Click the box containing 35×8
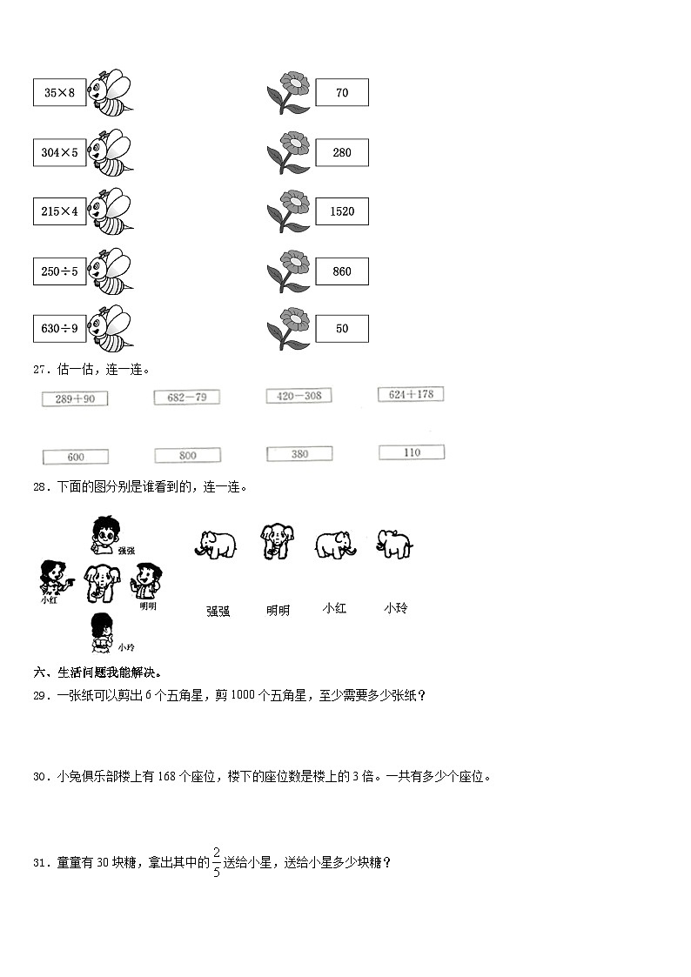[59, 92]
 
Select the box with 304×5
[59, 152]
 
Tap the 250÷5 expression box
[59, 271]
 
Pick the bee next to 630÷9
[110, 328]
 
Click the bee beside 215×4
[110, 211]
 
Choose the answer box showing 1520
[342, 211]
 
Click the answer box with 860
[342, 271]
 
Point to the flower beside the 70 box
[288, 92]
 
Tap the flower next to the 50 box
[288, 328]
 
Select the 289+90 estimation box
[75, 398]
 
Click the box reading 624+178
[412, 394]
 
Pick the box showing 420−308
[299, 396]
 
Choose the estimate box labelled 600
[76, 457]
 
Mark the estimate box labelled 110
[412, 452]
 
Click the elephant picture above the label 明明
[277, 541]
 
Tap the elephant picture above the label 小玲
[394, 544]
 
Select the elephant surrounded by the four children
[100, 583]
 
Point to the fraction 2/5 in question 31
[217, 862]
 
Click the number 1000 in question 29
[243, 695]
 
